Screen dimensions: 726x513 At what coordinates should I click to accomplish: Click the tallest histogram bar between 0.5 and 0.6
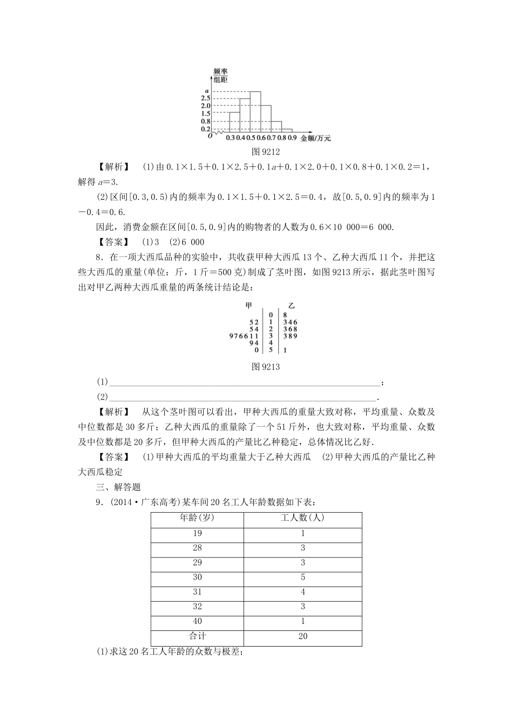[255, 112]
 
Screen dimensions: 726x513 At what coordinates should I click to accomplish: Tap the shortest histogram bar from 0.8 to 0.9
[287, 130]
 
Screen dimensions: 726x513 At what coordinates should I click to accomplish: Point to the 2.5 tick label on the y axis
[205, 98]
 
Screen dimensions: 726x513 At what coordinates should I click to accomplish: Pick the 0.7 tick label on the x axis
[271, 138]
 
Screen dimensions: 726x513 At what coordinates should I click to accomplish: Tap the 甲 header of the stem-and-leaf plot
[249, 306]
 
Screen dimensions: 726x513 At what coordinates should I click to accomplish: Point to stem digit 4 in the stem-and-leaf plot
[271, 342]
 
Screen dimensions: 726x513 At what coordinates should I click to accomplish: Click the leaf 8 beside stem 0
[285, 314]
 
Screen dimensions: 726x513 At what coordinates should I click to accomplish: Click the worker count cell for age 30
[302, 577]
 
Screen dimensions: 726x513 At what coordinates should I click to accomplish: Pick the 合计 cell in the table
[197, 636]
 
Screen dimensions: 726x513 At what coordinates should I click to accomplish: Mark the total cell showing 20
[302, 636]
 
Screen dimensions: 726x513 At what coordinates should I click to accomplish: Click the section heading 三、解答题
[118, 486]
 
